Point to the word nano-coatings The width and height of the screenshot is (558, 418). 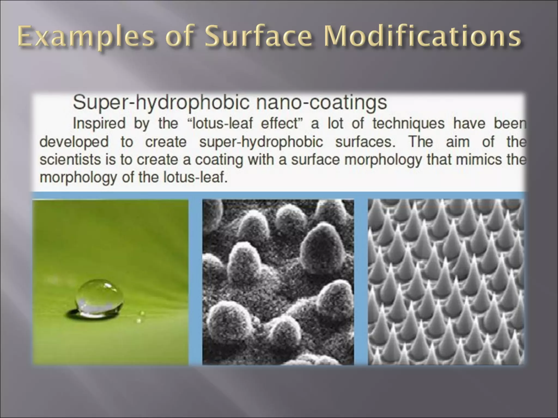[x=322, y=103]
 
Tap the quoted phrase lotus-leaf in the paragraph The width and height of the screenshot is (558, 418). [x=222, y=123]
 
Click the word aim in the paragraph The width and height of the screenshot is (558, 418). [x=458, y=142]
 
